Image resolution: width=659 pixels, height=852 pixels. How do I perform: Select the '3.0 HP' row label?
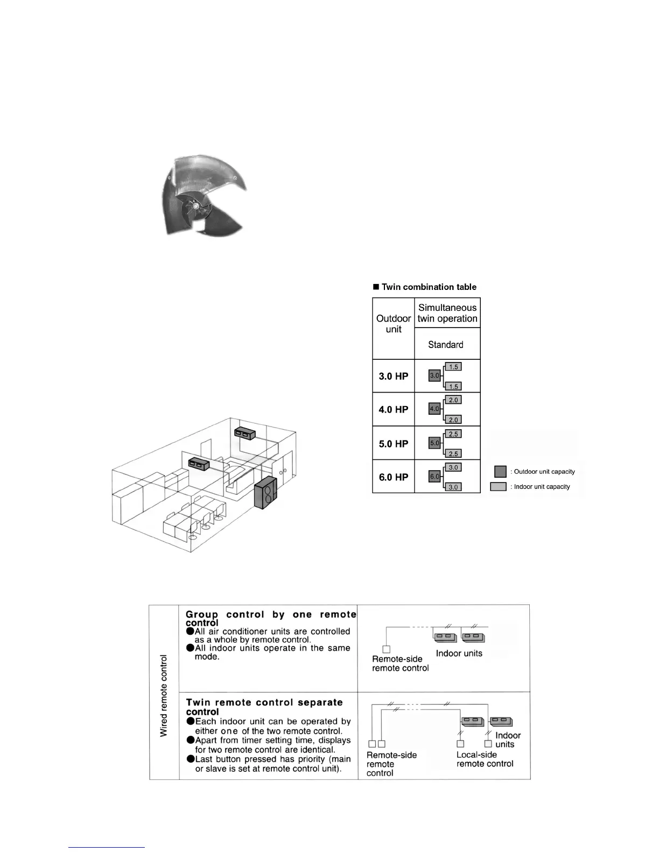pyautogui.click(x=394, y=377)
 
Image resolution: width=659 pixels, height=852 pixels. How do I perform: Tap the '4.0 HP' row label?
pyautogui.click(x=394, y=410)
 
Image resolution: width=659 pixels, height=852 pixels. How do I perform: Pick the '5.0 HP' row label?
pyautogui.click(x=394, y=444)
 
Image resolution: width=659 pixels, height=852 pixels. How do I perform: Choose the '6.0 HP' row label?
pyautogui.click(x=394, y=478)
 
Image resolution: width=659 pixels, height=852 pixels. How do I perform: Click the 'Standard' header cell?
pyautogui.click(x=446, y=345)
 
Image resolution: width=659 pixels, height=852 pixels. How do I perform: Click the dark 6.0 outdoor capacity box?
pyautogui.click(x=434, y=477)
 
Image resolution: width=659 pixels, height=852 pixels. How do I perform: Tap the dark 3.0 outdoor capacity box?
pyautogui.click(x=434, y=375)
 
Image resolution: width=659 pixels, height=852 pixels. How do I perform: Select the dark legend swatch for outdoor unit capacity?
pyautogui.click(x=500, y=472)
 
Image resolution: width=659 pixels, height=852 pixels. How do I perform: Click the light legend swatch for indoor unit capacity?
pyautogui.click(x=498, y=487)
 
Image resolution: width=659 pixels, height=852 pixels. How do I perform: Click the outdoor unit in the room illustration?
pyautogui.click(x=265, y=492)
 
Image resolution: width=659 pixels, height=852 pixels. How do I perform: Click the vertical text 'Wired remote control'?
pyautogui.click(x=164, y=695)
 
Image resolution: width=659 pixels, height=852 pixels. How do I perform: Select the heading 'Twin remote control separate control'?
pyautogui.click(x=264, y=707)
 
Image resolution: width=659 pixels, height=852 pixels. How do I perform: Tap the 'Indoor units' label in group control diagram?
pyautogui.click(x=459, y=654)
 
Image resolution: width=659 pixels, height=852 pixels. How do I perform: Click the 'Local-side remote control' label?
pyautogui.click(x=485, y=759)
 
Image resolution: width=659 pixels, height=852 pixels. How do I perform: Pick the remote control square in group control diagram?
pyautogui.click(x=386, y=649)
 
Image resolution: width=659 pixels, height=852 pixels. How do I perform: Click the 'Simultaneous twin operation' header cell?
pyautogui.click(x=447, y=313)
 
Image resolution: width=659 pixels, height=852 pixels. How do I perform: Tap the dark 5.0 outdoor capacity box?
pyautogui.click(x=434, y=443)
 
